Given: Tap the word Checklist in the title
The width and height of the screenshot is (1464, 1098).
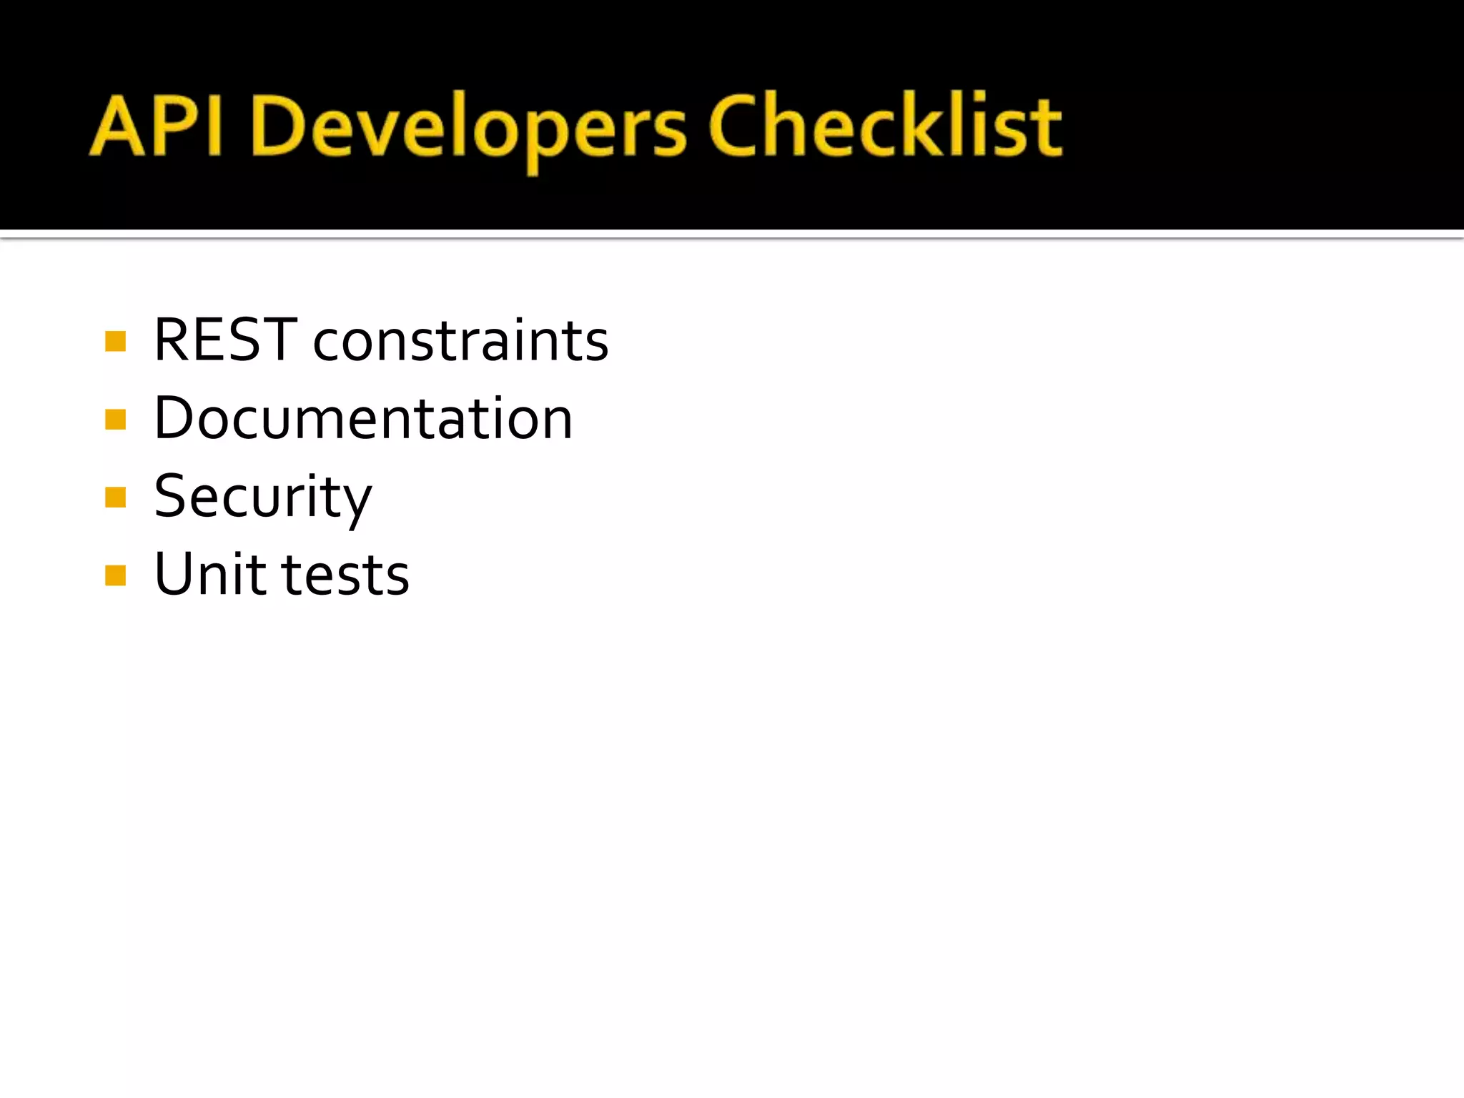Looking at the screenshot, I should (x=885, y=127).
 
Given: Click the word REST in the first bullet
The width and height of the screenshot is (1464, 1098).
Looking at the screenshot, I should (x=225, y=340).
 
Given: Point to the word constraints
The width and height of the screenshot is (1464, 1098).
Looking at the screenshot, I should (x=461, y=342).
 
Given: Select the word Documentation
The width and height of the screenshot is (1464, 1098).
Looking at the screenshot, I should (x=363, y=419).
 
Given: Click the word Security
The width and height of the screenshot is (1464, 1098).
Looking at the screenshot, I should (x=263, y=498).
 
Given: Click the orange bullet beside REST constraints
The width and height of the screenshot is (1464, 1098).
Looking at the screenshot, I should (x=115, y=341).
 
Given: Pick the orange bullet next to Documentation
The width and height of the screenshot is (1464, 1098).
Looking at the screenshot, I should (x=115, y=419).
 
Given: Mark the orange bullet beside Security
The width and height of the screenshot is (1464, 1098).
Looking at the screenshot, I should (x=115, y=497).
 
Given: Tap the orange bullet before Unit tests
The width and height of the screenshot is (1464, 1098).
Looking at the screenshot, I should (x=115, y=575).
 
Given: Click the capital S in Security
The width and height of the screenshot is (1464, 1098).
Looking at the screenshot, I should (x=174, y=496).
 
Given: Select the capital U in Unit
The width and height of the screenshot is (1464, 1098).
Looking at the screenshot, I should (x=176, y=574).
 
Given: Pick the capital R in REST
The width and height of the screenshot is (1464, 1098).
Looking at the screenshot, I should (x=174, y=340).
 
